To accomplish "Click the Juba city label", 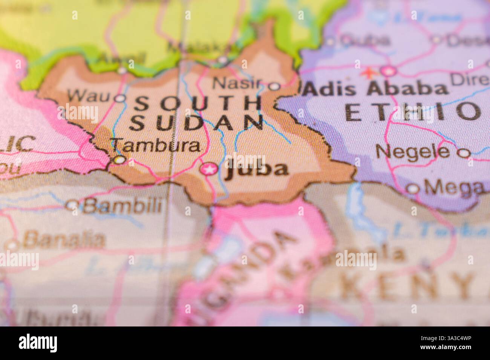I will coord(257,169).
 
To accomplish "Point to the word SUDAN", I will coord(196,122).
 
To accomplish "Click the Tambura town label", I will coord(156,145).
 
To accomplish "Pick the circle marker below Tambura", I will coord(120,160).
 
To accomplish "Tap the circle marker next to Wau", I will coord(120,99).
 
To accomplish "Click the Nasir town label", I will coord(237,83).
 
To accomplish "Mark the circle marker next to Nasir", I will coord(274,86).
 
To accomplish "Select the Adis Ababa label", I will coord(376,89).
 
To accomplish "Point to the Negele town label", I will coord(412,152).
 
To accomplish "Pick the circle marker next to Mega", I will coord(413,188).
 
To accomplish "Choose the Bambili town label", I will coord(122,206).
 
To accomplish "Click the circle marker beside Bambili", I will coord(71,205).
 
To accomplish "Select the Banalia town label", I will coord(64,240).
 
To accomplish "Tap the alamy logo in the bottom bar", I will coord(38,343).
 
